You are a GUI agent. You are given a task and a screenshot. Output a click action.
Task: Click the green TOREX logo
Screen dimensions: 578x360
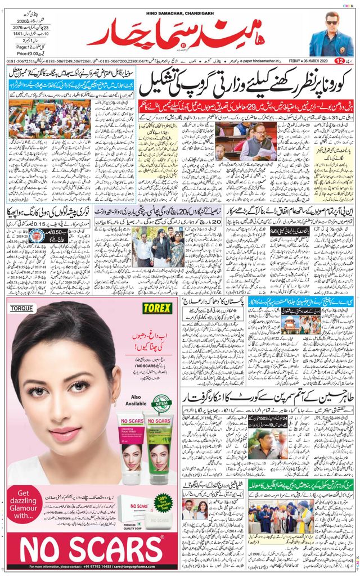coord(157,308)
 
